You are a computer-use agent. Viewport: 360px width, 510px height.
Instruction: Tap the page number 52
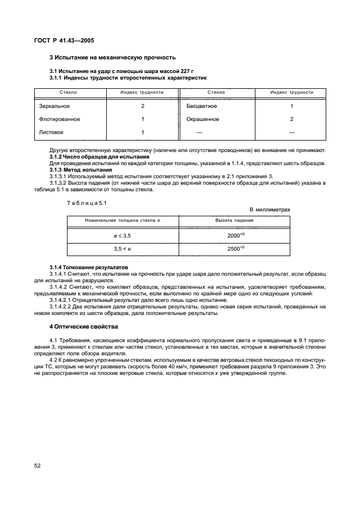coord(38,466)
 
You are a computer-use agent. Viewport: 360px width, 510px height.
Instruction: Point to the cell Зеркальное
coord(54,106)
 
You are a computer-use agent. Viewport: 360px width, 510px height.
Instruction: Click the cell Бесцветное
coord(202,106)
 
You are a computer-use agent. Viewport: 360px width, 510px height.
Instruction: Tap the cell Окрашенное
coord(203,119)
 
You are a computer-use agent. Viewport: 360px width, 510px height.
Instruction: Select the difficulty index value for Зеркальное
coord(142,106)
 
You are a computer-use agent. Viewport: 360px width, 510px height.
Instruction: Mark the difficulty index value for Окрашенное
coord(291,119)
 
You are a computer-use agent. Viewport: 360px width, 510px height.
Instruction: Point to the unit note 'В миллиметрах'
coord(270,209)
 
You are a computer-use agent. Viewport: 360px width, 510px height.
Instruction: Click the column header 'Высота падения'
coord(235,221)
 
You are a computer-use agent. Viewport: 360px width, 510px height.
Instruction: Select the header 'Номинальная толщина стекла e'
coord(123,221)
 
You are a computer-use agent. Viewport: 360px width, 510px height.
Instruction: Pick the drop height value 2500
coord(235,248)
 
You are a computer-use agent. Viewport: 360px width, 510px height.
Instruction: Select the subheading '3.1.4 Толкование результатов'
coord(88,268)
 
